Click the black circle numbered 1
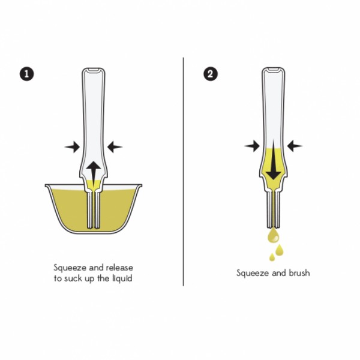[26, 74]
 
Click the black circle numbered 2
[211, 74]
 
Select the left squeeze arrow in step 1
[72, 147]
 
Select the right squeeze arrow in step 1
[115, 147]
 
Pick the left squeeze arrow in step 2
[252, 146]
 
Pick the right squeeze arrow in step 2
[295, 146]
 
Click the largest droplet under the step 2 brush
[274, 236]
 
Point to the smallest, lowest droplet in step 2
[272, 257]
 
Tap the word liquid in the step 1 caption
[122, 278]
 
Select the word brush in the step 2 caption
[299, 273]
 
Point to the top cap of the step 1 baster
[94, 70]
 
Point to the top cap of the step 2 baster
[274, 70]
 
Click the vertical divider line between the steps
[183, 172]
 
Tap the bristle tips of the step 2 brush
[274, 227]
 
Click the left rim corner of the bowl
[46, 185]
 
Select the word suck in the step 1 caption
[73, 278]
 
